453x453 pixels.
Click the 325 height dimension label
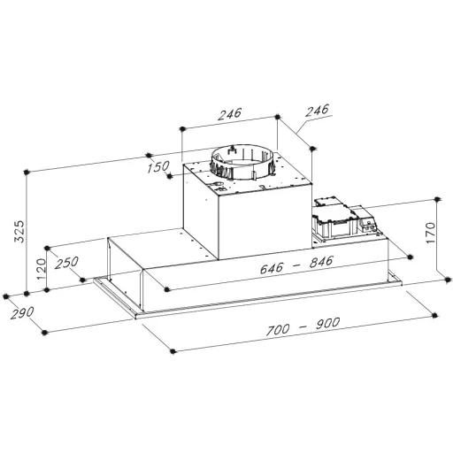[x=19, y=231]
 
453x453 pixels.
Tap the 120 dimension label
[x=41, y=269]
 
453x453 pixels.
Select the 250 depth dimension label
[x=66, y=263]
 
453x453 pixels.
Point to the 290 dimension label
[x=22, y=312]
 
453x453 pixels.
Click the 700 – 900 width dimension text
[x=303, y=326]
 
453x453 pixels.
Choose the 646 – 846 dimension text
[x=296, y=265]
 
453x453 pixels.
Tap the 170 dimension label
[x=431, y=233]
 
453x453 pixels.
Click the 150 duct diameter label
[x=158, y=167]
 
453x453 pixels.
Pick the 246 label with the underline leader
[x=317, y=110]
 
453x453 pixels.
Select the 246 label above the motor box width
[x=230, y=114]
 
